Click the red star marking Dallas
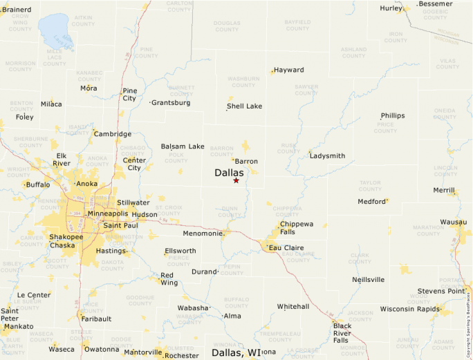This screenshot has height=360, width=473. point(236,180)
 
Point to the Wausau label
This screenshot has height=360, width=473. point(454,222)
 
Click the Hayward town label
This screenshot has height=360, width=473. point(289,70)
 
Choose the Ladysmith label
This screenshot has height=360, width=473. point(328,155)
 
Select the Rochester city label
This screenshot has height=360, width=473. point(182,355)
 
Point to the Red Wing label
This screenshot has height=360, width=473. point(167,278)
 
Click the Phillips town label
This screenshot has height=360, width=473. point(393,115)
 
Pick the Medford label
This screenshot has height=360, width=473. point(371,202)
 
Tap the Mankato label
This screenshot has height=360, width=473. point(19,326)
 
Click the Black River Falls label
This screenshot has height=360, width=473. point(342,332)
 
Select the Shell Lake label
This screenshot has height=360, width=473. point(245,106)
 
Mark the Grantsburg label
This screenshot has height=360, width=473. point(171,102)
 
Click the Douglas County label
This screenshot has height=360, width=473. point(227,26)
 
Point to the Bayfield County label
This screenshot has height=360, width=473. point(298,26)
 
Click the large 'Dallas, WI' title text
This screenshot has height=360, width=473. point(236,352)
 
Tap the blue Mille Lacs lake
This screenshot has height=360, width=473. point(54,30)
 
